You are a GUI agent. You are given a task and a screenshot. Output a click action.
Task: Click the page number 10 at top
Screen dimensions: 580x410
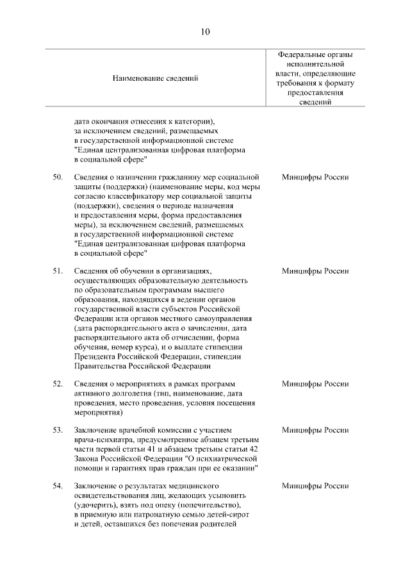pos(204,31)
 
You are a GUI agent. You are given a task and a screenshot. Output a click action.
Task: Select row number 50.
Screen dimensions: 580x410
pos(57,177)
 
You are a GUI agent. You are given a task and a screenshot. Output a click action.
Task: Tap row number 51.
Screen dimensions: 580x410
pos(57,271)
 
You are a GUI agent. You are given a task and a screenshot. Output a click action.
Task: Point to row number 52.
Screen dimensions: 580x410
pos(57,384)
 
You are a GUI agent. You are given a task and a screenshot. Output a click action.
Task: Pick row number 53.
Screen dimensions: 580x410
pos(57,430)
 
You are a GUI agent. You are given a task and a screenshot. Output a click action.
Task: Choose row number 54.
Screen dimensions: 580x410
pos(57,486)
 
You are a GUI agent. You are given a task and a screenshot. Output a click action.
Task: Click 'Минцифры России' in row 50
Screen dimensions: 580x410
pos(315,177)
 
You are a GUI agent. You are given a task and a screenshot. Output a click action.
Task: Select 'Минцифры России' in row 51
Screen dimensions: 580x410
pos(315,271)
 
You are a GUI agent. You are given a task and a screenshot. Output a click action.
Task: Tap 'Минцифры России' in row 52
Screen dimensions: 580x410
pos(315,384)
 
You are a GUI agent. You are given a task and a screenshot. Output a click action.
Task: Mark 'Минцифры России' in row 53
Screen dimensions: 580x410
pos(315,430)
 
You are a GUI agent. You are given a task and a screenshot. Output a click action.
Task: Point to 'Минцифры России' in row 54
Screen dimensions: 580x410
pos(315,486)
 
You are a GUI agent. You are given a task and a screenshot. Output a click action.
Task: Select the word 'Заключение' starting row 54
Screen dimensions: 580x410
pos(95,486)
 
